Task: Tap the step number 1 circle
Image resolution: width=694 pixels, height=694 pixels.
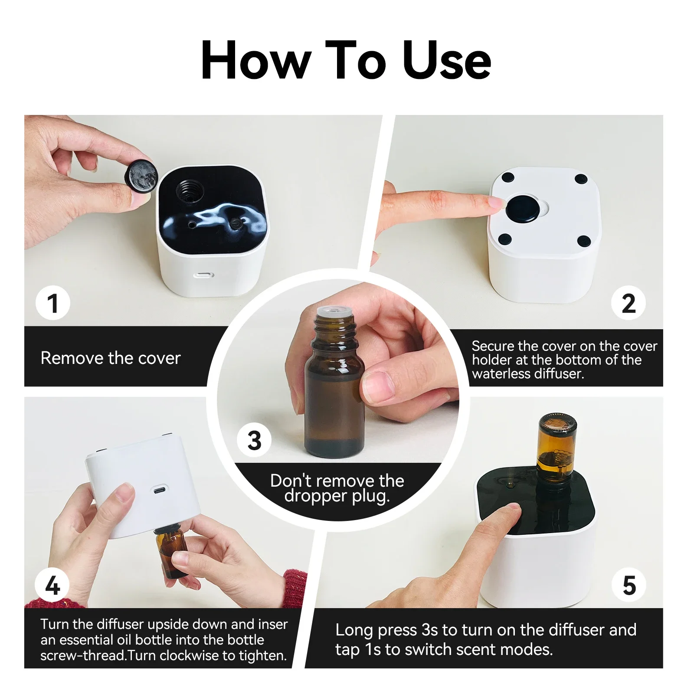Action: tap(52, 303)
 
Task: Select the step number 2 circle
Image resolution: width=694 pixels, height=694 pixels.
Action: tap(629, 303)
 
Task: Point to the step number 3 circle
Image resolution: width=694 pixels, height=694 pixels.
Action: tap(254, 440)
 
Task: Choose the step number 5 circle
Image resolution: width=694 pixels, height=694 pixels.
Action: tap(629, 585)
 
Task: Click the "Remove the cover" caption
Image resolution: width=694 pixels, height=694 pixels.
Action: tap(111, 358)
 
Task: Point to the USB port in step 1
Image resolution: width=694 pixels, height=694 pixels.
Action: tap(204, 275)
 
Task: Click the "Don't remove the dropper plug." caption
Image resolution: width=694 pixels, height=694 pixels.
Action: tap(337, 488)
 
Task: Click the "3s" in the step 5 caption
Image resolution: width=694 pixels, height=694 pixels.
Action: tap(430, 630)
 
